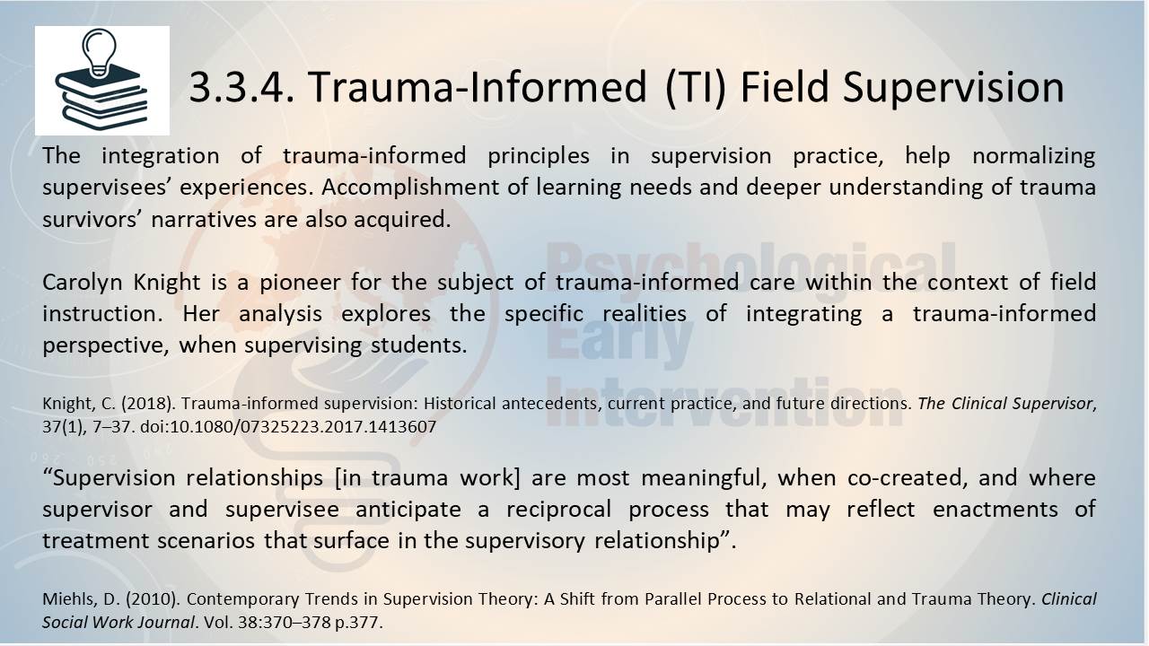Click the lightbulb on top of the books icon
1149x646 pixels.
tap(99, 52)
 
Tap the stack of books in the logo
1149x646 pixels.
tap(101, 99)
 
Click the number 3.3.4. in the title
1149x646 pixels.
tap(241, 87)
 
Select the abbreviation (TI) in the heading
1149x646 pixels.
tap(696, 88)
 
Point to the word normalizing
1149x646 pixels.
tap(1034, 156)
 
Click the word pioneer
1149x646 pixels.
tap(300, 283)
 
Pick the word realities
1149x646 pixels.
tap(645, 314)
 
